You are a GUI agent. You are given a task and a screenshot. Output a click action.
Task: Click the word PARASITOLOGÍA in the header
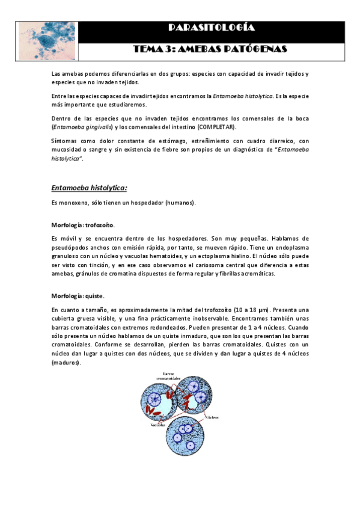[212, 28]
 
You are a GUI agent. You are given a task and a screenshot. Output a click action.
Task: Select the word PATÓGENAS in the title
[255, 49]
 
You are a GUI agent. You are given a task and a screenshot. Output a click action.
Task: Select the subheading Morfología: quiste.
[78, 295]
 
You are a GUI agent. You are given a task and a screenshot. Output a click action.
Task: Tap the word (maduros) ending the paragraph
[66, 363]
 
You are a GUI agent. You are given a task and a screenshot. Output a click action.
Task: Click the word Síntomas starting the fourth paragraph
[65, 140]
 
